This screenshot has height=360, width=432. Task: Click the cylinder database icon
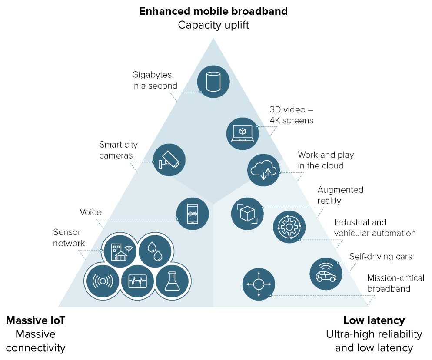pos(213,81)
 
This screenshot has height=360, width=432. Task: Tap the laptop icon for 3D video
pos(243,133)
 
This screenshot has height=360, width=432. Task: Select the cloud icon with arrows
pos(264,170)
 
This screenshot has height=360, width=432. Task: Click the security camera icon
pos(169,160)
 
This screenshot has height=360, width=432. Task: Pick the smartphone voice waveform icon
pos(193,214)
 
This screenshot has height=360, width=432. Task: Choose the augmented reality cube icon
pos(247,214)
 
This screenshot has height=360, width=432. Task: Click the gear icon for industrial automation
pos(289,227)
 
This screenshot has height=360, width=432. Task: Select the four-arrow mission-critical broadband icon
pos(259,284)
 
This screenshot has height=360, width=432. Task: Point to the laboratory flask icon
pos(172,281)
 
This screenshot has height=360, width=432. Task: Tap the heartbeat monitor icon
pos(137,281)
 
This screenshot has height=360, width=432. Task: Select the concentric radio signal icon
pos(103,281)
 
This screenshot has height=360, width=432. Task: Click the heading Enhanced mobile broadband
pos(213,11)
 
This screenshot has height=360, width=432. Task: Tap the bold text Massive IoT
pos(36,320)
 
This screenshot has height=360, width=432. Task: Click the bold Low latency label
pos(374,320)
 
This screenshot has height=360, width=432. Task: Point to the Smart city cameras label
pos(118,150)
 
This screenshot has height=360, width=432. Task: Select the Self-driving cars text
pos(380,256)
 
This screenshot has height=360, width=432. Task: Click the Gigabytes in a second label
pos(154,80)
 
